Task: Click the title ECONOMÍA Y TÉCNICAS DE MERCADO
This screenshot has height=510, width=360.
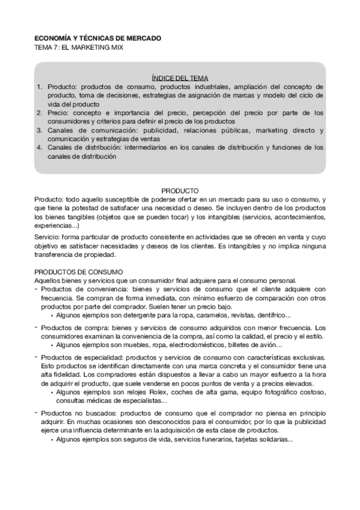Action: click(97, 38)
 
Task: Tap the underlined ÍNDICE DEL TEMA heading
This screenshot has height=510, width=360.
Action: click(180, 78)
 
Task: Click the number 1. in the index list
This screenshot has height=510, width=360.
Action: click(40, 87)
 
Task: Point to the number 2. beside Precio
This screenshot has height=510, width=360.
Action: click(40, 112)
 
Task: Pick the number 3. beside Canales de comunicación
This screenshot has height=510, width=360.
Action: click(40, 130)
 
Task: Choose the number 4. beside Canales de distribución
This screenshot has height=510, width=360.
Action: click(40, 147)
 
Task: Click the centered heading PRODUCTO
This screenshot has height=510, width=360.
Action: click(180, 191)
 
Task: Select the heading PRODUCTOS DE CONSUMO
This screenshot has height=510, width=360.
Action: click(78, 272)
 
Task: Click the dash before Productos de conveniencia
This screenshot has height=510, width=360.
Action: click(36, 288)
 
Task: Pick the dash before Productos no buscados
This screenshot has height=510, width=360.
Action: click(36, 413)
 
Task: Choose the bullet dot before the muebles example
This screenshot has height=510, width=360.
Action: click(52, 345)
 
